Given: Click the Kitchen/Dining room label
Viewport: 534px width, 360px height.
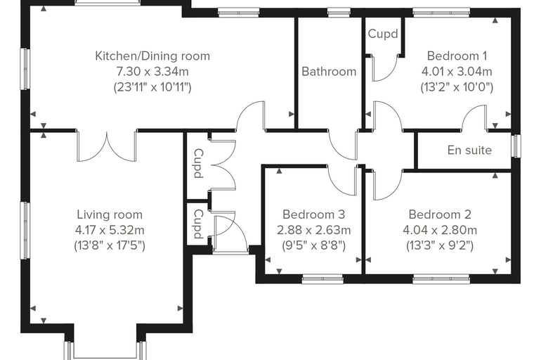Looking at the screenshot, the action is pos(152,56).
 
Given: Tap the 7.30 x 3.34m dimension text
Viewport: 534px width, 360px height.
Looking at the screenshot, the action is pos(152,72).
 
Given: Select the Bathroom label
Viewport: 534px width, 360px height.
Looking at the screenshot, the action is pos(329,72).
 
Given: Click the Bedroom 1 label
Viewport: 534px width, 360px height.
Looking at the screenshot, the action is pos(457,56).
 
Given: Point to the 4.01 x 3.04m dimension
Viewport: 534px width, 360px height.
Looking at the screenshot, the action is pos(457,72).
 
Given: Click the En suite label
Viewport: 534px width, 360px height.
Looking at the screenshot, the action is pos(469,150).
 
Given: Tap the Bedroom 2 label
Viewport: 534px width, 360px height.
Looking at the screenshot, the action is pos(440,214).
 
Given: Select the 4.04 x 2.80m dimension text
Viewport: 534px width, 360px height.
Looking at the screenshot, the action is pos(440,230).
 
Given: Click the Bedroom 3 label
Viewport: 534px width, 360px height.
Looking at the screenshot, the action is pos(313,214).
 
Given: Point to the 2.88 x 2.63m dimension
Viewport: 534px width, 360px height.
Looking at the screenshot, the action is pos(313,230).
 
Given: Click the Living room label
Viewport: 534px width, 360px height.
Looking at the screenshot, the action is pos(110,214).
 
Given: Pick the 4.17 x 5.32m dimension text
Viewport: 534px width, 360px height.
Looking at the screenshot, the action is pos(110,230).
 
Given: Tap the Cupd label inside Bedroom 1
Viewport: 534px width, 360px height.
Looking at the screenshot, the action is pos(383,34).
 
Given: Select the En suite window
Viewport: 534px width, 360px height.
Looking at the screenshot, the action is pos(517,146).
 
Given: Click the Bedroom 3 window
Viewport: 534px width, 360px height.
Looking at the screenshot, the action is pos(323,280).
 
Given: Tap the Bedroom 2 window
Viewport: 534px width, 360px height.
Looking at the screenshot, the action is pos(441,280).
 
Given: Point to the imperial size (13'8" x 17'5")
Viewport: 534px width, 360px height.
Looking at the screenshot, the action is pos(110,245).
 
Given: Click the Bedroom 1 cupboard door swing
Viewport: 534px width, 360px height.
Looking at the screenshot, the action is pos(385,67).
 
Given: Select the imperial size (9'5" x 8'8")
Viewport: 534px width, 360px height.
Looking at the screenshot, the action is pos(313,245).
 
